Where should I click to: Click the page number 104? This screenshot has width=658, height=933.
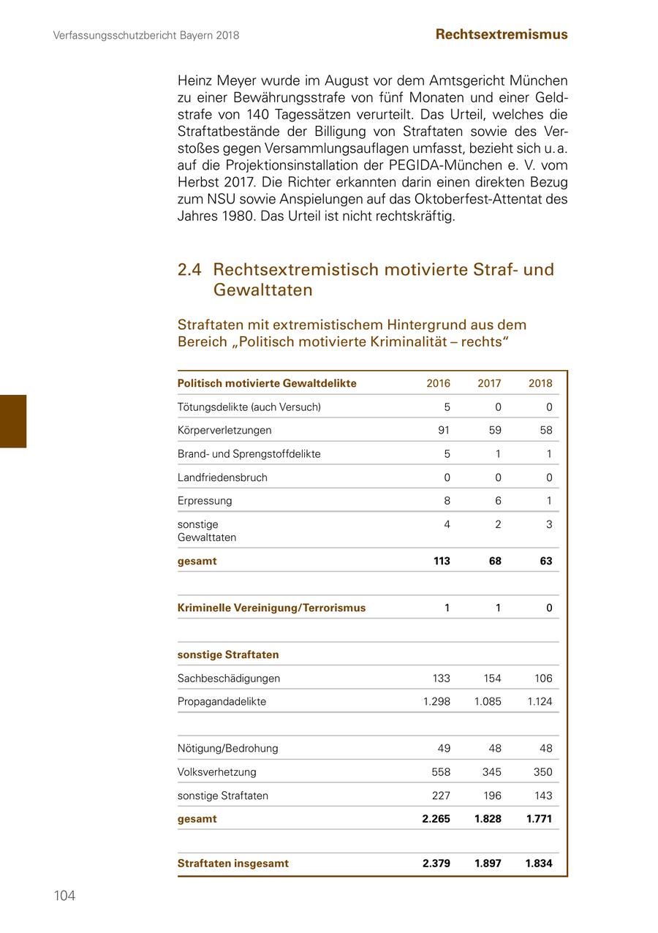64,896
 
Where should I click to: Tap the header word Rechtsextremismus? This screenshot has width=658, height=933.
501,34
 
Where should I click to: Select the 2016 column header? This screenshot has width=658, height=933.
438,383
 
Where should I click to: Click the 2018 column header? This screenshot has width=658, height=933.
540,383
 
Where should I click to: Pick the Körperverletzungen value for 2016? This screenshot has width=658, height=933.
443,430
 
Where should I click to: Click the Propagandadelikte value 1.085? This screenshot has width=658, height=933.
488,701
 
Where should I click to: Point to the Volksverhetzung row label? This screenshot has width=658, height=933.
216,771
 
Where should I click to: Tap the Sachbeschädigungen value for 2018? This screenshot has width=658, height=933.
542,678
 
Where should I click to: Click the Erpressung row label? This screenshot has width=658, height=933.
205,501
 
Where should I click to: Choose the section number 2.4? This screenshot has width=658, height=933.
189,270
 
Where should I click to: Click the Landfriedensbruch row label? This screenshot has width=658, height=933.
222,477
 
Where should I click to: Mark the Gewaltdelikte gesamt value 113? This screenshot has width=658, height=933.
441,561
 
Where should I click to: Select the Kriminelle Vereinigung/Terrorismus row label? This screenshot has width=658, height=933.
271,608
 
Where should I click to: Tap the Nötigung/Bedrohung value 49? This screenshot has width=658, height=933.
443,748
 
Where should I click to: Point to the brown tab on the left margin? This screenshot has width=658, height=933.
13,421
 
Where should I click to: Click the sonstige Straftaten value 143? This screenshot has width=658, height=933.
542,796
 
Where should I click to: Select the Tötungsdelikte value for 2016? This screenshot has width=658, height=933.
447,407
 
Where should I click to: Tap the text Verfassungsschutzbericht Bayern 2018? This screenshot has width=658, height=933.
146,35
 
